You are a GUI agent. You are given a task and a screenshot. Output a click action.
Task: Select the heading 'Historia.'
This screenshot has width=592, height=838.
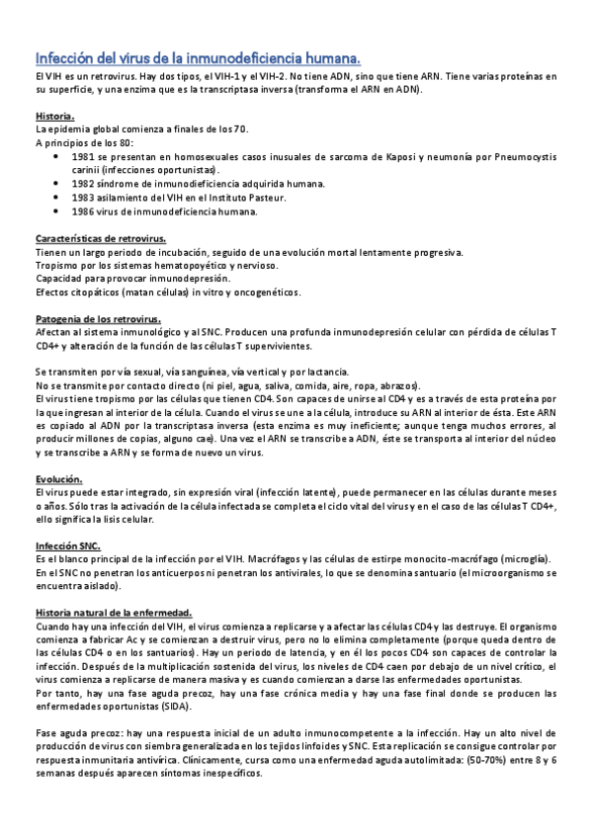click(x=54, y=117)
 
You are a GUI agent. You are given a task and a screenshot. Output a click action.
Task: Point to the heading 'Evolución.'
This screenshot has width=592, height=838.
click(x=58, y=478)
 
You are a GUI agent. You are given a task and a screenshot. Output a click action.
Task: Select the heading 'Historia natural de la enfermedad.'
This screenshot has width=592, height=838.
click(x=114, y=612)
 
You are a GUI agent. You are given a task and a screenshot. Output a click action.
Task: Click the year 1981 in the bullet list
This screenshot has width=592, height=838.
click(x=85, y=156)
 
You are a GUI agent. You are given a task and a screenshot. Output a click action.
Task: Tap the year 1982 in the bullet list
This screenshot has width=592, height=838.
click(x=85, y=184)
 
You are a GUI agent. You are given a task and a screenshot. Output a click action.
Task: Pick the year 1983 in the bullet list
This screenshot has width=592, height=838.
click(x=85, y=198)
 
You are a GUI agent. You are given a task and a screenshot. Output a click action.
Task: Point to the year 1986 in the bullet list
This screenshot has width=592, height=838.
click(x=85, y=211)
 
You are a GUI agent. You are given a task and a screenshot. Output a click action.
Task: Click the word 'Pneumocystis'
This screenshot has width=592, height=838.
click(x=525, y=156)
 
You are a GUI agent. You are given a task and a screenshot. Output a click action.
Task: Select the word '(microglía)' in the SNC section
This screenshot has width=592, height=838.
click(x=532, y=558)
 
